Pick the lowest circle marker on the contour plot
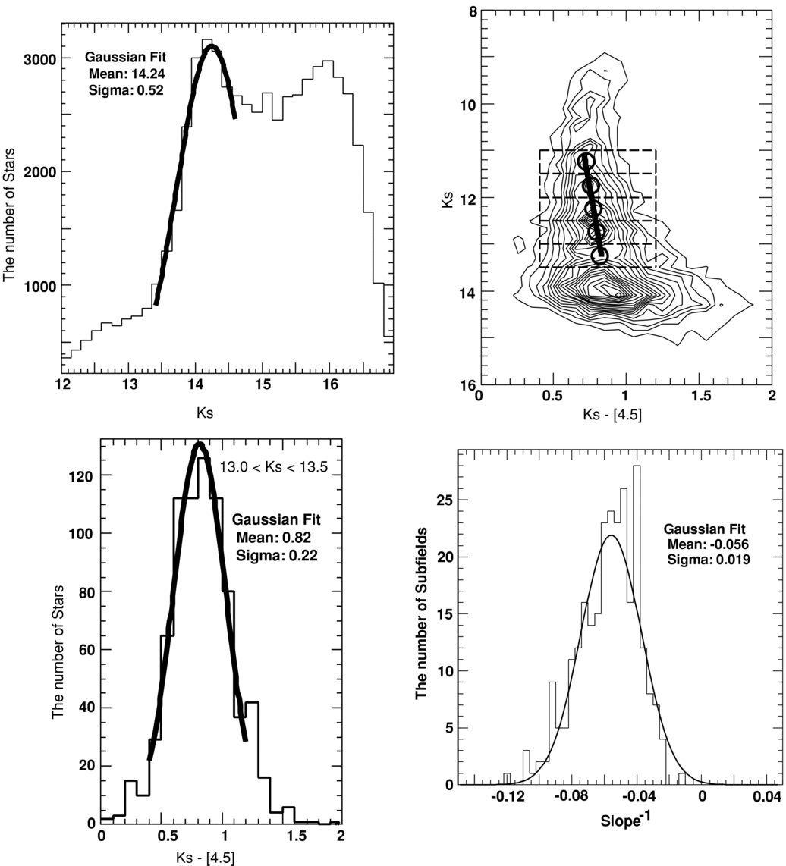pos(599,256)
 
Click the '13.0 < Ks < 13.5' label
pos(273,468)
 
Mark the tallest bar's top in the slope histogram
pos(637,466)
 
